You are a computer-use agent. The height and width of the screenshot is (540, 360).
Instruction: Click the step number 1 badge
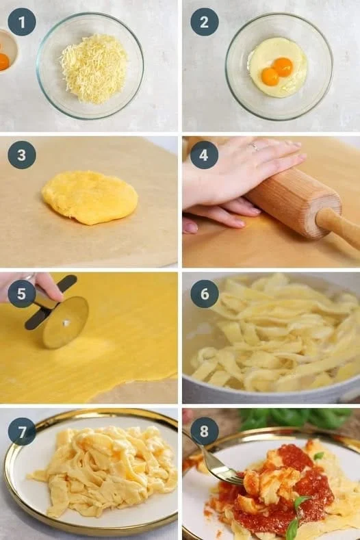coord(22,22)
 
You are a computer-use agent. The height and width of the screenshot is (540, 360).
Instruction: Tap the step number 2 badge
coord(204,22)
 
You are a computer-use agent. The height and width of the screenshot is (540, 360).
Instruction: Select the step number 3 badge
coord(22,155)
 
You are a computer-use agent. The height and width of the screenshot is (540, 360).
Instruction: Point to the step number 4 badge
coord(204,155)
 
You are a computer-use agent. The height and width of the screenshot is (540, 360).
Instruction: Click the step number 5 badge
coord(22,294)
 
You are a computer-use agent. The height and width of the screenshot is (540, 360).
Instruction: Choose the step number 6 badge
coord(204,294)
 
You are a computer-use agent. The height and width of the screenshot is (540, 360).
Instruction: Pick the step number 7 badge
coord(22,432)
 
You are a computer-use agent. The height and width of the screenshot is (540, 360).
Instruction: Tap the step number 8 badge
coord(204,431)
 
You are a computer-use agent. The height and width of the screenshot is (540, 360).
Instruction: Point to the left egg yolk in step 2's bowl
coord(270,77)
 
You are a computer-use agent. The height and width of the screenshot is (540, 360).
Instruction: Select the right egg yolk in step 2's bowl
coord(283,67)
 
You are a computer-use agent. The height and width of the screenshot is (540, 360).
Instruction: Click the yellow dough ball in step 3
coord(90,198)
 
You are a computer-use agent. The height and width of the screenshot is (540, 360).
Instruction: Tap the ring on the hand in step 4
coord(254,146)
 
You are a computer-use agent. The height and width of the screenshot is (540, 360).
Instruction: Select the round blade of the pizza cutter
coord(66,322)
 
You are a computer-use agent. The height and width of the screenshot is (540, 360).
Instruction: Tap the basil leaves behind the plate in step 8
coord(296,418)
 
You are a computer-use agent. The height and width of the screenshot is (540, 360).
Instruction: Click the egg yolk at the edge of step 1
coord(3,62)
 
